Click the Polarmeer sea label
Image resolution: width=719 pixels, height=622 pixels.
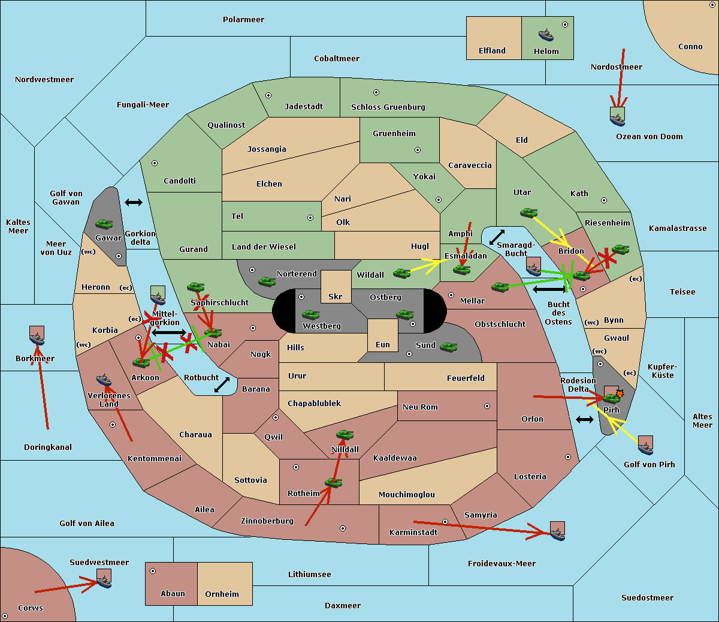[x=243, y=20]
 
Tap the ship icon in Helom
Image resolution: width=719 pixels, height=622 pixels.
[x=546, y=35]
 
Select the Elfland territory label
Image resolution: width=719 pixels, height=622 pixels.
[x=492, y=51]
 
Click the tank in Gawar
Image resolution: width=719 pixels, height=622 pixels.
[x=104, y=224]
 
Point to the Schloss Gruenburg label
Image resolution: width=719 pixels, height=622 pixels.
[x=388, y=107]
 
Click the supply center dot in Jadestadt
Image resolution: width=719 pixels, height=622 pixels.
[x=268, y=95]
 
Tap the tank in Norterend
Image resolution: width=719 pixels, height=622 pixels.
[x=267, y=281]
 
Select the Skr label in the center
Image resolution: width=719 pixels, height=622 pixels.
[x=335, y=296]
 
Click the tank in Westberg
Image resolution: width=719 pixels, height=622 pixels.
[x=310, y=314]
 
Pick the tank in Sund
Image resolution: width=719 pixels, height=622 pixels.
[x=448, y=347]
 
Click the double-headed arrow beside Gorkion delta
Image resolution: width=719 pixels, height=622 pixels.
[x=133, y=203]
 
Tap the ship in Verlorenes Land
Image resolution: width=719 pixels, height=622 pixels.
[x=104, y=380]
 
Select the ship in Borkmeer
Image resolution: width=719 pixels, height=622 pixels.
[x=37, y=337]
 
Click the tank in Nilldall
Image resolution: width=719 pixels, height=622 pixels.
[x=345, y=434]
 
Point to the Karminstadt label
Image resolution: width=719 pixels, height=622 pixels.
[x=413, y=533]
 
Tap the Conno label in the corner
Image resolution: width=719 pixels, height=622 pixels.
[x=690, y=47]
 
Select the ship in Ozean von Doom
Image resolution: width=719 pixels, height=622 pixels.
[x=617, y=117]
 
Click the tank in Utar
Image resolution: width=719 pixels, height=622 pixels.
[x=528, y=212]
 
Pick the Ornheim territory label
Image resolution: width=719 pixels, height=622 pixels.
[x=222, y=594]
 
